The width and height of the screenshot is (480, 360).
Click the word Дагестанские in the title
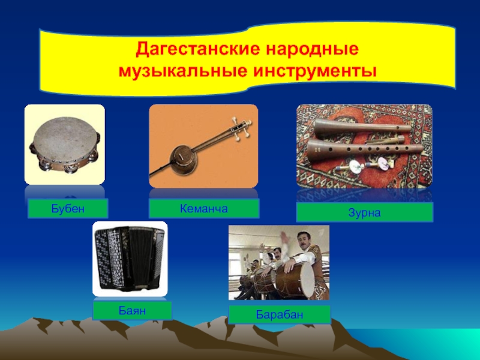point(197,49)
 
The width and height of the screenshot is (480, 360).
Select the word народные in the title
point(312,49)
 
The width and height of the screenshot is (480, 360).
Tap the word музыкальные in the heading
point(182,71)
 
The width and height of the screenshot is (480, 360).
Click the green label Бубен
point(68,208)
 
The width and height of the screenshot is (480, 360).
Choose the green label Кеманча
point(204,208)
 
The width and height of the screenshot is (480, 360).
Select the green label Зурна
point(364,212)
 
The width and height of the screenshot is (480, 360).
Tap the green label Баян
point(132,311)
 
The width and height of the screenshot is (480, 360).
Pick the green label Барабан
point(280,314)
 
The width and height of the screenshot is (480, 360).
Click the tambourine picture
point(65,145)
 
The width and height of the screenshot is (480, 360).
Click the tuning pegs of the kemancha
point(242,128)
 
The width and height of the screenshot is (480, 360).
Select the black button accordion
point(130,259)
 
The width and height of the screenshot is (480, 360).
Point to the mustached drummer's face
point(302,241)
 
